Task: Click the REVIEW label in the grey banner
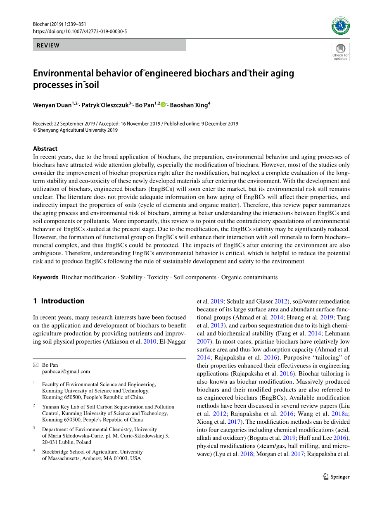(48, 45)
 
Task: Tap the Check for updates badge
(341, 52)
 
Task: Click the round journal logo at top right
(341, 26)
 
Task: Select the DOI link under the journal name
(80, 31)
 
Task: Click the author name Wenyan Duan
(52, 105)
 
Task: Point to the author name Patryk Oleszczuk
(105, 105)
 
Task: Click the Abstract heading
(45, 149)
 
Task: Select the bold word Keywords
(45, 278)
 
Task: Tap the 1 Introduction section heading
(59, 301)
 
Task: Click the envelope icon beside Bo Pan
(36, 365)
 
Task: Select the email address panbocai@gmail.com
(66, 371)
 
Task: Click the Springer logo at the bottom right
(336, 477)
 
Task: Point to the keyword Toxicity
(158, 278)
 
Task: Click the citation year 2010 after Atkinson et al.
(150, 342)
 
